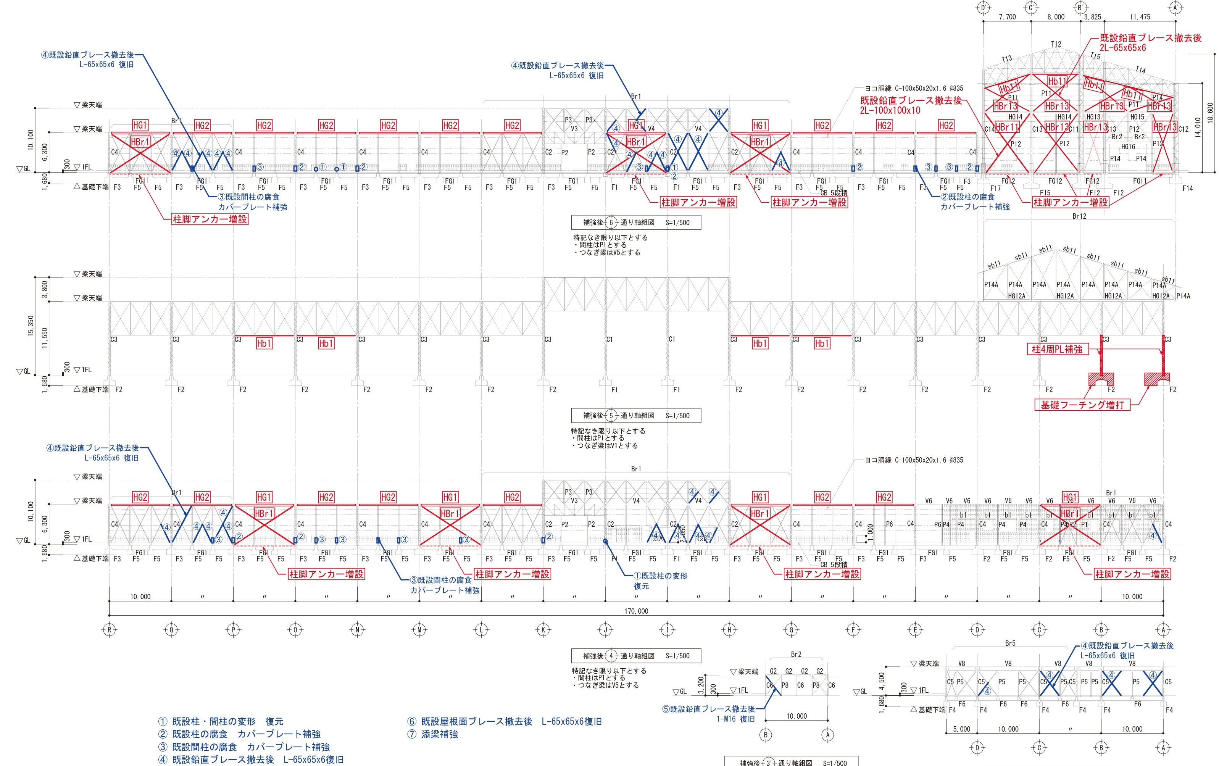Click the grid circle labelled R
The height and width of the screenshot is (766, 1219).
click(110, 630)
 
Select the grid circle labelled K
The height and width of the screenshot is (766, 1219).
click(543, 630)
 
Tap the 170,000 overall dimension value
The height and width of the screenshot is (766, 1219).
click(636, 611)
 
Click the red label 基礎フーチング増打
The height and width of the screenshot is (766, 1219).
click(1082, 405)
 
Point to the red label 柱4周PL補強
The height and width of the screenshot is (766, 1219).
click(1057, 349)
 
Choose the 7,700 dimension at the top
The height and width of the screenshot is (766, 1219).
click(1008, 17)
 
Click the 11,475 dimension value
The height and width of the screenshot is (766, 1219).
click(1140, 17)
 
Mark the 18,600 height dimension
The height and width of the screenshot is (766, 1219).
click(1210, 112)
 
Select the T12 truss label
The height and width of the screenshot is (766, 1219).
click(1056, 44)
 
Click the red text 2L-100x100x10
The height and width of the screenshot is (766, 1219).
click(890, 110)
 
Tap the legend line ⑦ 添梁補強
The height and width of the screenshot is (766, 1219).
click(433, 734)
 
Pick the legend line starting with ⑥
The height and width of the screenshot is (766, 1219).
click(504, 721)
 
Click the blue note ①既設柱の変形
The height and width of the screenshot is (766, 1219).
click(661, 576)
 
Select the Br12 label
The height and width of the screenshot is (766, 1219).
click(1079, 216)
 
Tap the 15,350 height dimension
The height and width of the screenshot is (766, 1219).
click(31, 326)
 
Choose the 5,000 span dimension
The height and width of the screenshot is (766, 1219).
click(961, 729)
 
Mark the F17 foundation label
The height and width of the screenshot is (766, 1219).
click(995, 188)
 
